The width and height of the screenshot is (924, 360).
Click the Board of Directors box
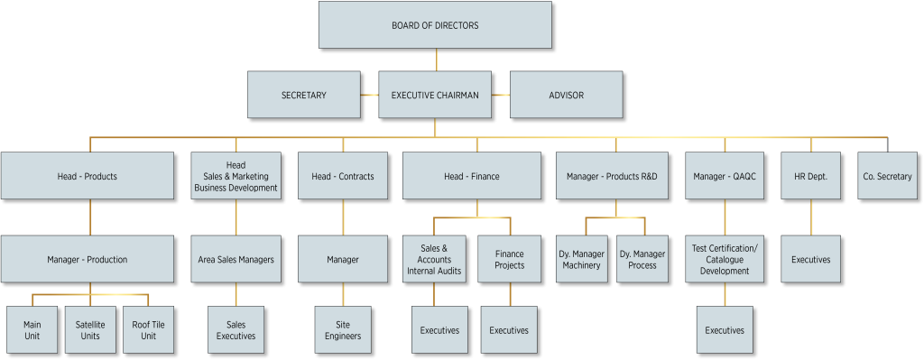tap(435, 25)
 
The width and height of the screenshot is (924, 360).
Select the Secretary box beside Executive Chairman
tap(304, 95)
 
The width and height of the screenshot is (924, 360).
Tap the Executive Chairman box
tap(435, 95)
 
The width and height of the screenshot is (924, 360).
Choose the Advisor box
tap(566, 95)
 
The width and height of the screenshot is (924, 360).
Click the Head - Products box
tap(87, 176)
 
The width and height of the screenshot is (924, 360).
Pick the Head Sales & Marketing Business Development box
tap(236, 176)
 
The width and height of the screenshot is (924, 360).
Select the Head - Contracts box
tap(342, 176)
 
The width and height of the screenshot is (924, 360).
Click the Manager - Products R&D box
tap(617, 176)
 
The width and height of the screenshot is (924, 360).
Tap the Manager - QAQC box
tap(725, 176)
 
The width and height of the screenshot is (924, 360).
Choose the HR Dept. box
tap(810, 176)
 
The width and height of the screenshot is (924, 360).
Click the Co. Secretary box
tap(887, 176)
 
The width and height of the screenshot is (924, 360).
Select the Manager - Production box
tap(87, 259)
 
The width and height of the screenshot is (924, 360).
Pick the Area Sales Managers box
tap(236, 259)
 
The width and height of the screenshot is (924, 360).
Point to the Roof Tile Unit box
tap(149, 330)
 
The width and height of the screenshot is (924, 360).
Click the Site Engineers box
tap(343, 330)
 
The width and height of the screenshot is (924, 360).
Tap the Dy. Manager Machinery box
tap(581, 259)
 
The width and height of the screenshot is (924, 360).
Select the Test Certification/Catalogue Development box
tap(725, 259)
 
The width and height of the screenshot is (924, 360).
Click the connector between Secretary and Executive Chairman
tap(369, 95)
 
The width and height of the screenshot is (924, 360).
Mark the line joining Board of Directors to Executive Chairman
tap(436, 60)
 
